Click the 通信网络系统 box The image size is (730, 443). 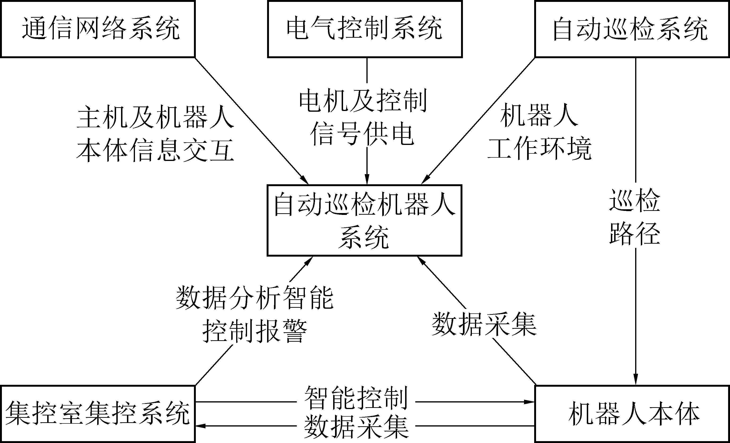pyautogui.click(x=98, y=29)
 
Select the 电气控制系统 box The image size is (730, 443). pyautogui.click(x=365, y=29)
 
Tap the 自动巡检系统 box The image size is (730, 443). pyautogui.click(x=632, y=29)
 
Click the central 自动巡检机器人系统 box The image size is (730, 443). pyautogui.click(x=364, y=221)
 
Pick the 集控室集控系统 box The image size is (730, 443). pyautogui.click(x=98, y=414)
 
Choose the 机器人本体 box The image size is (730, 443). pyautogui.click(x=632, y=414)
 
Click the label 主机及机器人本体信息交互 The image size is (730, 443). pyautogui.click(x=155, y=134)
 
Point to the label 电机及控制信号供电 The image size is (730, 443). pyautogui.click(x=363, y=118)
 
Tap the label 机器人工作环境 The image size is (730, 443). pyautogui.click(x=539, y=132)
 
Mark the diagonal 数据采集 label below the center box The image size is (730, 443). pyautogui.click(x=484, y=325)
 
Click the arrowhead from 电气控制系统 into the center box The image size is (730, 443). pyautogui.click(x=367, y=180)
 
